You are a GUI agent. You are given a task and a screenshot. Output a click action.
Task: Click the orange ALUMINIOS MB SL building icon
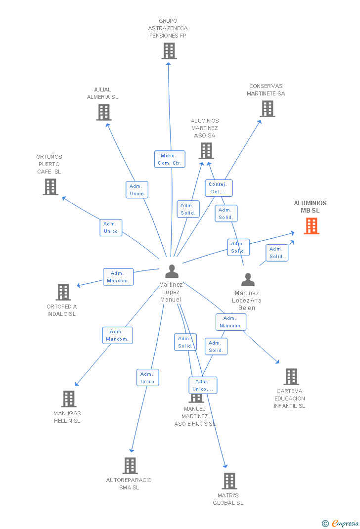click(x=311, y=226)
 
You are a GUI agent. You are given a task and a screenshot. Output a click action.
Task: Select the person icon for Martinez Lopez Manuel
click(x=172, y=271)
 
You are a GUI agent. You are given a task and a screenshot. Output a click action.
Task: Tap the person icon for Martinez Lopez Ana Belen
click(x=248, y=280)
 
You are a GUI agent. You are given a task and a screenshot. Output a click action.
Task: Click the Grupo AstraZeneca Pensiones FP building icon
click(x=169, y=50)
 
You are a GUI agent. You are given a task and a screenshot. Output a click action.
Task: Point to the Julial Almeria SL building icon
click(x=103, y=112)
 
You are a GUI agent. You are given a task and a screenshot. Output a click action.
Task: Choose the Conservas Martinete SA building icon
click(x=268, y=109)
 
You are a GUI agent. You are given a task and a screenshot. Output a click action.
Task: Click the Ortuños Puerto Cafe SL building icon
click(x=50, y=187)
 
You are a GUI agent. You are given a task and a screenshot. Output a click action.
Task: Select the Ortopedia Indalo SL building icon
click(x=63, y=292)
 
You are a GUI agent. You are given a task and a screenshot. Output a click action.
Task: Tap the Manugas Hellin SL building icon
click(x=69, y=399)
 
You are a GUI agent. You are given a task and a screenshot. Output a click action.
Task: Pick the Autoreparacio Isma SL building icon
click(x=130, y=465)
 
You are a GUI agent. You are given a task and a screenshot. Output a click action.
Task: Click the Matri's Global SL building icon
click(x=229, y=481)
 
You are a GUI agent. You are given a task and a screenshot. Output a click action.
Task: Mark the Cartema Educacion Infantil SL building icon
click(x=291, y=377)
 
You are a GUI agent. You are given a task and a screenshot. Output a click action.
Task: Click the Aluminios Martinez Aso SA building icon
click(x=206, y=151)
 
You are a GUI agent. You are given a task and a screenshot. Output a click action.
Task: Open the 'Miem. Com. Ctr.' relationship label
click(x=170, y=159)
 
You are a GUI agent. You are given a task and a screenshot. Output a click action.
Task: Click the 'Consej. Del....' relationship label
click(x=219, y=188)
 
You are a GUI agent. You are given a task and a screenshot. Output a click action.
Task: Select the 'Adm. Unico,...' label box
click(x=203, y=385)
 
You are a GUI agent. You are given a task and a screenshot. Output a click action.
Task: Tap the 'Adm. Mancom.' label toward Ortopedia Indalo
click(x=118, y=277)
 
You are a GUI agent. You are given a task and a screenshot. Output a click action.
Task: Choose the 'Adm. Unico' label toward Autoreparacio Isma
click(x=147, y=378)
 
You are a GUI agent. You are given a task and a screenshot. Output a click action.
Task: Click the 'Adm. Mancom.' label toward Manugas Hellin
click(x=117, y=335)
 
